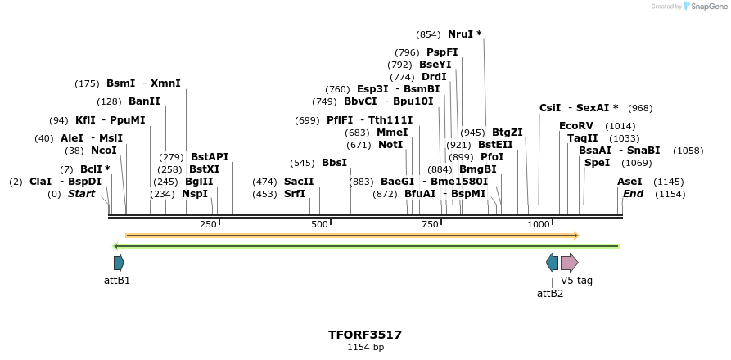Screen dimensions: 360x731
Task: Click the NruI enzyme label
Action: click(460, 34)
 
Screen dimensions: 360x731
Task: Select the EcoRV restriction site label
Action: click(575, 126)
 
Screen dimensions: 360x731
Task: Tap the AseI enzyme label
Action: click(629, 182)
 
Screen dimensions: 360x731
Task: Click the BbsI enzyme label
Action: click(334, 163)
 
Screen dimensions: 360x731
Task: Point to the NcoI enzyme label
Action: click(104, 151)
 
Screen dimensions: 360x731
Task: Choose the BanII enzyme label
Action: click(144, 101)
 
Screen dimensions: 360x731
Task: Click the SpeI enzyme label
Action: click(597, 163)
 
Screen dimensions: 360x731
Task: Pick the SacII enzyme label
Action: click(299, 182)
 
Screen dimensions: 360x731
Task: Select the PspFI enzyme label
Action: click(442, 52)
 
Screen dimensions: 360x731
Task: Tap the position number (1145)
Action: click(668, 182)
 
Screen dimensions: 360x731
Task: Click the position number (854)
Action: click(428, 34)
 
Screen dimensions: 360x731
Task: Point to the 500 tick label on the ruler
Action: click(319, 224)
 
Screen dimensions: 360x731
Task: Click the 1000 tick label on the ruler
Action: click(538, 224)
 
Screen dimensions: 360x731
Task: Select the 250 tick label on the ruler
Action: click(208, 224)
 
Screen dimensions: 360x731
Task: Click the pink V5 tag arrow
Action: click(569, 263)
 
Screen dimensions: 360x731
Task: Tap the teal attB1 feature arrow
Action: click(119, 263)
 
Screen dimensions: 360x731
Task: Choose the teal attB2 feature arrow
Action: click(552, 263)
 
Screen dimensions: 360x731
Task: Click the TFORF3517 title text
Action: click(365, 335)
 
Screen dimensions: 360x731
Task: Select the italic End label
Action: click(633, 194)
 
